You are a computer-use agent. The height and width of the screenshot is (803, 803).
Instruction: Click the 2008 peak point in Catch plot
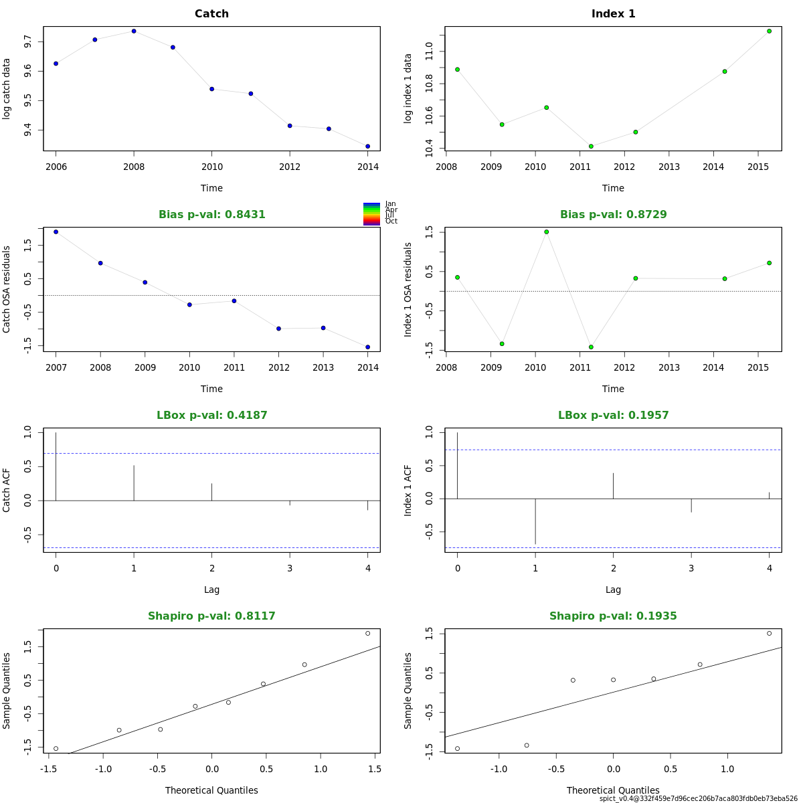(x=134, y=31)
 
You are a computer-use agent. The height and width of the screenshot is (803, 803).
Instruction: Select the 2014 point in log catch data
(x=368, y=147)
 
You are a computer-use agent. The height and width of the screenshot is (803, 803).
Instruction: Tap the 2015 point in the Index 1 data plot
(x=770, y=31)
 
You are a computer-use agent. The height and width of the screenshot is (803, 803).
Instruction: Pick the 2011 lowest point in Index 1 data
(x=591, y=146)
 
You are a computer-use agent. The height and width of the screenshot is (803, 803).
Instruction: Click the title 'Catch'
(x=211, y=14)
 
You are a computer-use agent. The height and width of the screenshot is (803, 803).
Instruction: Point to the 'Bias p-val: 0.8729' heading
(x=613, y=215)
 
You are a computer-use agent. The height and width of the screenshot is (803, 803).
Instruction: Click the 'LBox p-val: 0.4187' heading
(x=211, y=416)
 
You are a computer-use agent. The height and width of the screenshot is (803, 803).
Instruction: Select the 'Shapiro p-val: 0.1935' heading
(x=613, y=616)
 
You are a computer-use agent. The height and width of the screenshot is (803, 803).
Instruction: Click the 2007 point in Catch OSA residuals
(x=56, y=232)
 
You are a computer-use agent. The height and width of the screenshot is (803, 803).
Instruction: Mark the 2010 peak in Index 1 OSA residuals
(x=546, y=232)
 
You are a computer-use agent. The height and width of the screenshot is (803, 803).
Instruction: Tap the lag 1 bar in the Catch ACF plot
(x=134, y=482)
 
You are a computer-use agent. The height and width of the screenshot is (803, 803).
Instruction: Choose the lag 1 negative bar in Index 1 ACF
(x=535, y=521)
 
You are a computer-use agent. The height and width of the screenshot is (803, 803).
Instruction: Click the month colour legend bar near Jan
(x=371, y=205)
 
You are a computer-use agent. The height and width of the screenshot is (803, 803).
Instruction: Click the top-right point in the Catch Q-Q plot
(x=368, y=633)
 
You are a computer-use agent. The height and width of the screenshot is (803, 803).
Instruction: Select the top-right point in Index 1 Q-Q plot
(x=770, y=633)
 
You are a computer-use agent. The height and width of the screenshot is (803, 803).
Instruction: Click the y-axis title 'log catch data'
(x=7, y=89)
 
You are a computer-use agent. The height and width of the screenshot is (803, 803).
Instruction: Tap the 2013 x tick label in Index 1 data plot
(x=669, y=167)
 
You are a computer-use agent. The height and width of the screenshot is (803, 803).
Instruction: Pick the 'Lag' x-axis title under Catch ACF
(x=211, y=590)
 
